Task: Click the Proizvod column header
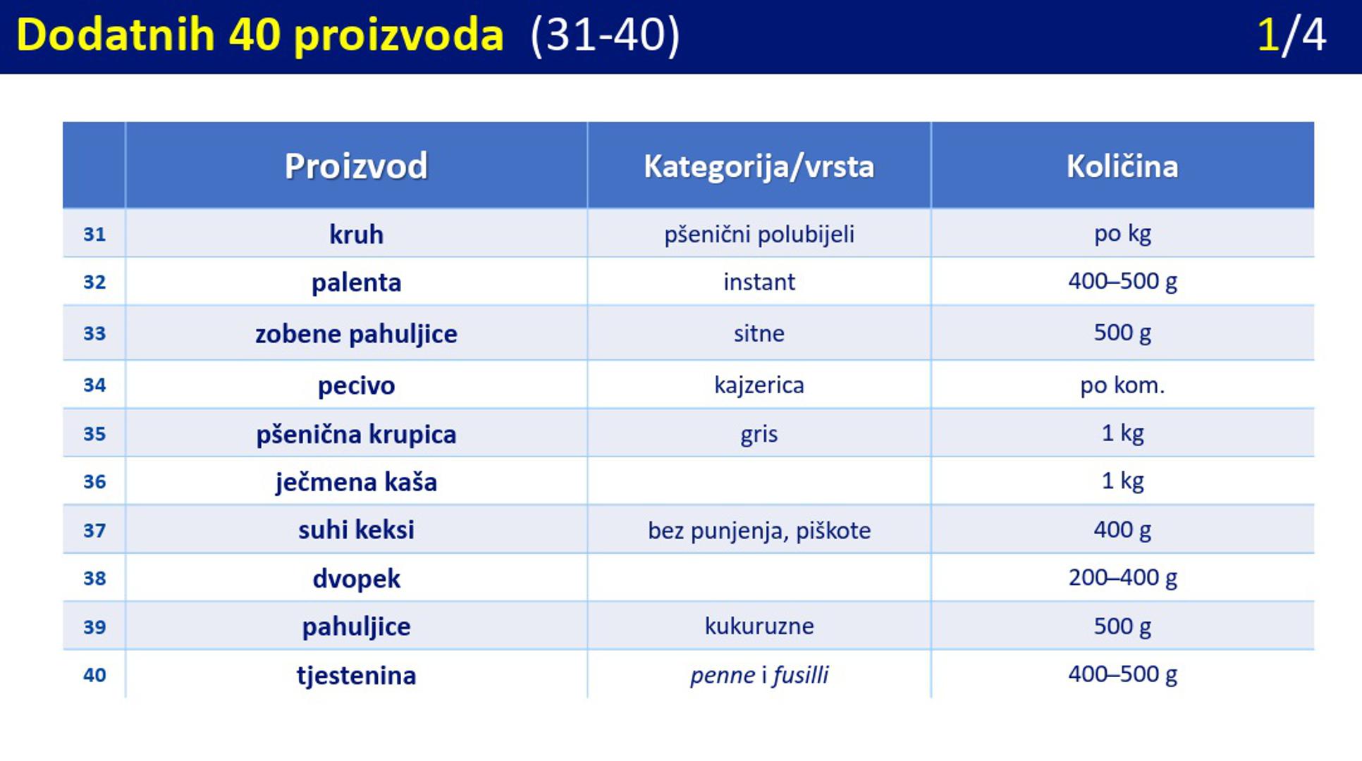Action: pyautogui.click(x=356, y=166)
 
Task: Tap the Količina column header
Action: pyautogui.click(x=1122, y=166)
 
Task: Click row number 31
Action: pyautogui.click(x=94, y=234)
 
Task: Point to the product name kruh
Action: pyautogui.click(x=356, y=234)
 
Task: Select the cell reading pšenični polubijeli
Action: pyautogui.click(x=759, y=234)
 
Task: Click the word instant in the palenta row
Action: pyautogui.click(x=759, y=282)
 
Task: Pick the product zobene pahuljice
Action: pyautogui.click(x=356, y=334)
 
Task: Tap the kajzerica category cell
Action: pyautogui.click(x=759, y=385)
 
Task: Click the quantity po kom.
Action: pyautogui.click(x=1122, y=385)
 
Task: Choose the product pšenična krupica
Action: pyautogui.click(x=356, y=434)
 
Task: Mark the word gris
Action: pyautogui.click(x=759, y=434)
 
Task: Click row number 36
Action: pyautogui.click(x=94, y=482)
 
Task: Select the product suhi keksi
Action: pyautogui.click(x=356, y=530)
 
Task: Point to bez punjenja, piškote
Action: pyautogui.click(x=759, y=530)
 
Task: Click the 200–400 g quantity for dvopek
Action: pyautogui.click(x=1122, y=578)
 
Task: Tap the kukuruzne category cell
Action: pyautogui.click(x=759, y=626)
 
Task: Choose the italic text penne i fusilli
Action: pyautogui.click(x=759, y=675)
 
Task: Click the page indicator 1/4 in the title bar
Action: pyautogui.click(x=1292, y=35)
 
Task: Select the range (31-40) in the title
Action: pyautogui.click(x=605, y=35)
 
